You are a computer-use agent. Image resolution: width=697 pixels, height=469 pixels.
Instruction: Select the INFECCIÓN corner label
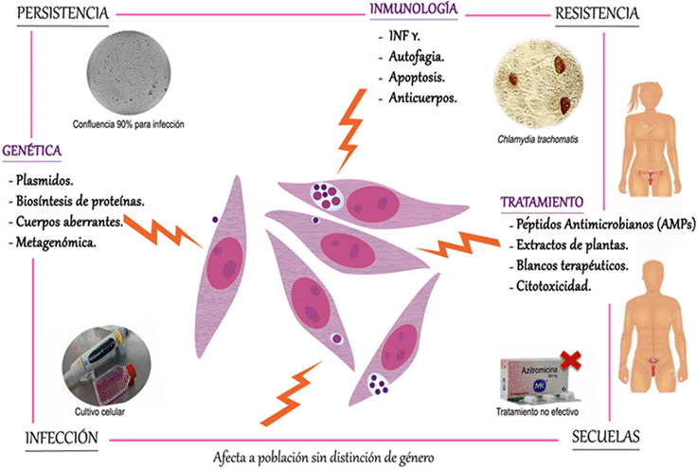[56, 437]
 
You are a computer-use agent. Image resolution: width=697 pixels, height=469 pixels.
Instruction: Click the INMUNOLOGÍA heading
[417, 10]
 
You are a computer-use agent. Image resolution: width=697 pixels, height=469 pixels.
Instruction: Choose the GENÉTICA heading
[33, 152]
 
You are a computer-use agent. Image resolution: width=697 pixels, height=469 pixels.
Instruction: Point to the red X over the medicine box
[570, 357]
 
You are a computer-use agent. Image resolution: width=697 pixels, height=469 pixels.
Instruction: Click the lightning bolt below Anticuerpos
[352, 127]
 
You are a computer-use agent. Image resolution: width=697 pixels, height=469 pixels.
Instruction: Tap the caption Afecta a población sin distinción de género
[327, 456]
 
